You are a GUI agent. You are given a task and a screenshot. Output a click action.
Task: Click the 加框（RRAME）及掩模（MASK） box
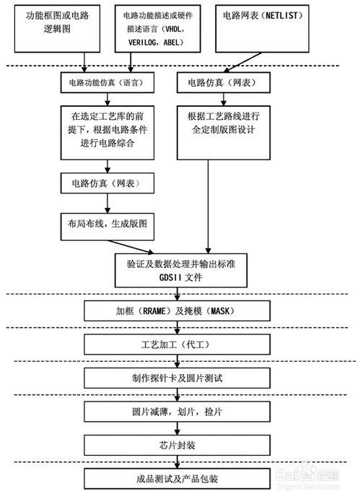[x=177, y=311]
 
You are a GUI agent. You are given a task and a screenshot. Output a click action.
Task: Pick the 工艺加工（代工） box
[x=177, y=344]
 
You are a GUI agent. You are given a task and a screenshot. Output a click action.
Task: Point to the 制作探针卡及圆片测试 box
[x=177, y=378]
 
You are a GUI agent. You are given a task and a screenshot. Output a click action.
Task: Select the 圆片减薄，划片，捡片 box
[x=177, y=411]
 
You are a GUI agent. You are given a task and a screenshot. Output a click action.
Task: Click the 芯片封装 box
[x=177, y=443]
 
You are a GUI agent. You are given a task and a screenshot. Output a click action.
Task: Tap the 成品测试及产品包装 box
[x=177, y=477]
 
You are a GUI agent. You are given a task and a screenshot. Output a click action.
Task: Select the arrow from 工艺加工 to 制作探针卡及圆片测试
[x=177, y=360]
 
